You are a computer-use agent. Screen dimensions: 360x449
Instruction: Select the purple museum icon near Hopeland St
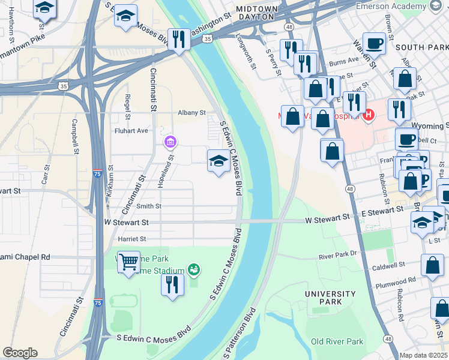coord(170,142)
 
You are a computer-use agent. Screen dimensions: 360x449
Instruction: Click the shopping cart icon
coord(128,262)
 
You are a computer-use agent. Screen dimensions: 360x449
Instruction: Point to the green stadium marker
coord(193,270)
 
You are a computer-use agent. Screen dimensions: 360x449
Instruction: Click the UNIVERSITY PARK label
coord(330,298)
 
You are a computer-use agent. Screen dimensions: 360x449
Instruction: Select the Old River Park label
coord(337,341)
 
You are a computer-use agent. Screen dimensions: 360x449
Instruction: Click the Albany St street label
coord(191,112)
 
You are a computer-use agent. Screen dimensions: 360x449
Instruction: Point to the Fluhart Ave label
coord(131,130)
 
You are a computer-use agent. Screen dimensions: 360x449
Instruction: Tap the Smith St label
coord(149,206)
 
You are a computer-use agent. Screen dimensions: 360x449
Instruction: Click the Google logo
coord(20,353)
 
